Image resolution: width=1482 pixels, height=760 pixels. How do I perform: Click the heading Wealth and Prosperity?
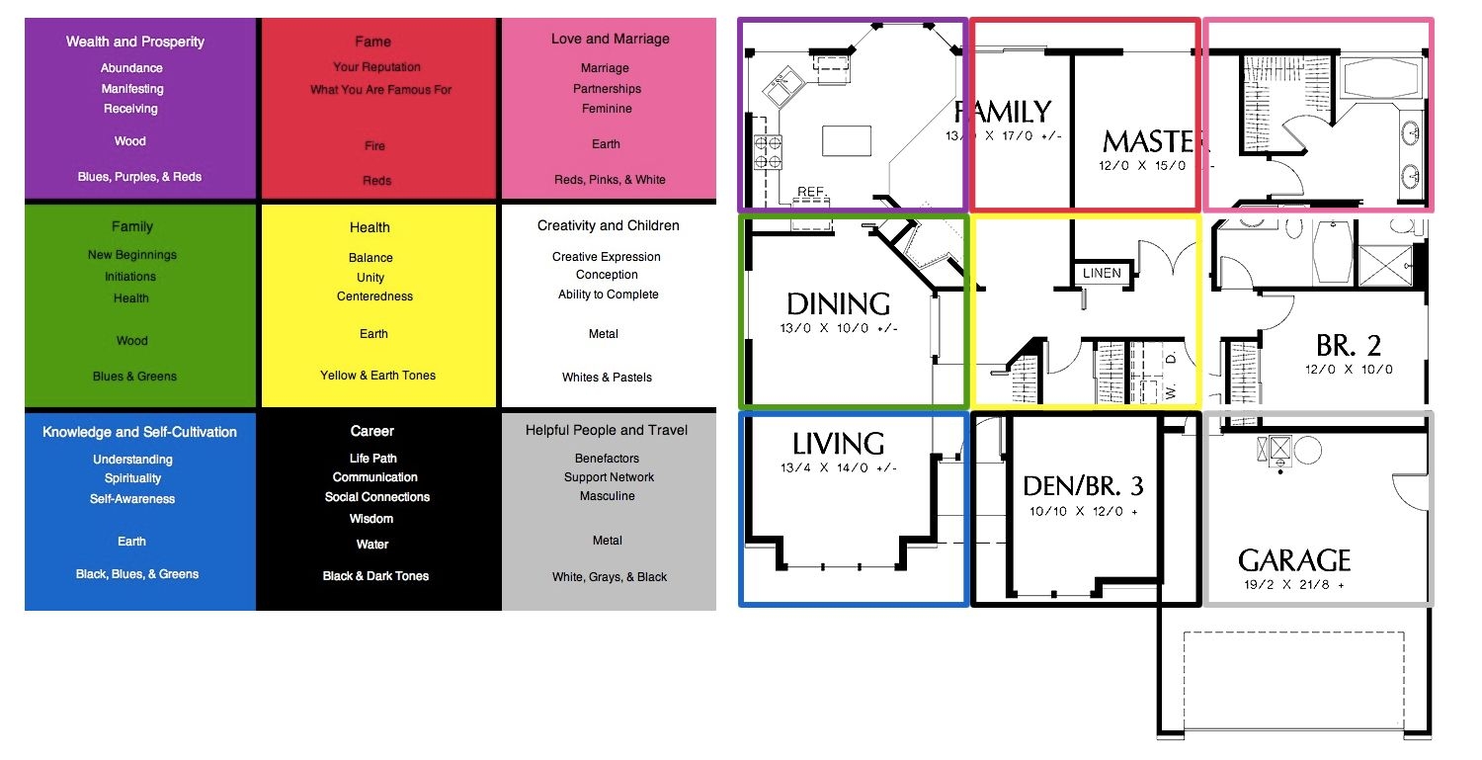click(135, 42)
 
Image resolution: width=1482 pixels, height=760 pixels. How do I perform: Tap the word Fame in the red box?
click(372, 42)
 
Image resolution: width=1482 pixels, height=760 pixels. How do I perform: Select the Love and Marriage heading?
click(610, 40)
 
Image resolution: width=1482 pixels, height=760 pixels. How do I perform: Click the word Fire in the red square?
click(374, 145)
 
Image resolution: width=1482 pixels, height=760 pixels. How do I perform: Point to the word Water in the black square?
click(372, 545)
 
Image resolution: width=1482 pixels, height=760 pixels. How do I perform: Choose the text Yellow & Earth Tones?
click(377, 376)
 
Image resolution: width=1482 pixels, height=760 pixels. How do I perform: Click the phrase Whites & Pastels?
click(607, 378)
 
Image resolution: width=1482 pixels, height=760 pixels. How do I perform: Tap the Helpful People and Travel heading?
click(607, 430)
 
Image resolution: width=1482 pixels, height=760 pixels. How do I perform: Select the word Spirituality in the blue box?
click(132, 478)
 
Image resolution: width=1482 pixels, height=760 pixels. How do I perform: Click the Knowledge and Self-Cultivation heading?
click(139, 432)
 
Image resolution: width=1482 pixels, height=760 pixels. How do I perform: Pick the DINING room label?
click(838, 303)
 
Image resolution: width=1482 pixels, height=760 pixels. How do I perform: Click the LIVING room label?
click(838, 444)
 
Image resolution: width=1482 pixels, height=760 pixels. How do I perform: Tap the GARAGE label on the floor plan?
click(1294, 561)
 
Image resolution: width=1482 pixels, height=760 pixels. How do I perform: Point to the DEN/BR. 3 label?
click(1083, 485)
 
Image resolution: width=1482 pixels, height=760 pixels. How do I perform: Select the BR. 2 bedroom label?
click(1348, 345)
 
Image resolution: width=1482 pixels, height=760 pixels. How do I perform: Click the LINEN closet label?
click(1102, 273)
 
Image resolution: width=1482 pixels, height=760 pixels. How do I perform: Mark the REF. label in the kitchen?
click(812, 192)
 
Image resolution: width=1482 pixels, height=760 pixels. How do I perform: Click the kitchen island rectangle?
click(847, 140)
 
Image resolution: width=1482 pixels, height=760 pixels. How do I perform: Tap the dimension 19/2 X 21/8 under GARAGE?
click(1293, 585)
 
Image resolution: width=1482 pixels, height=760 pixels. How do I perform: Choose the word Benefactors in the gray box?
click(607, 459)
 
